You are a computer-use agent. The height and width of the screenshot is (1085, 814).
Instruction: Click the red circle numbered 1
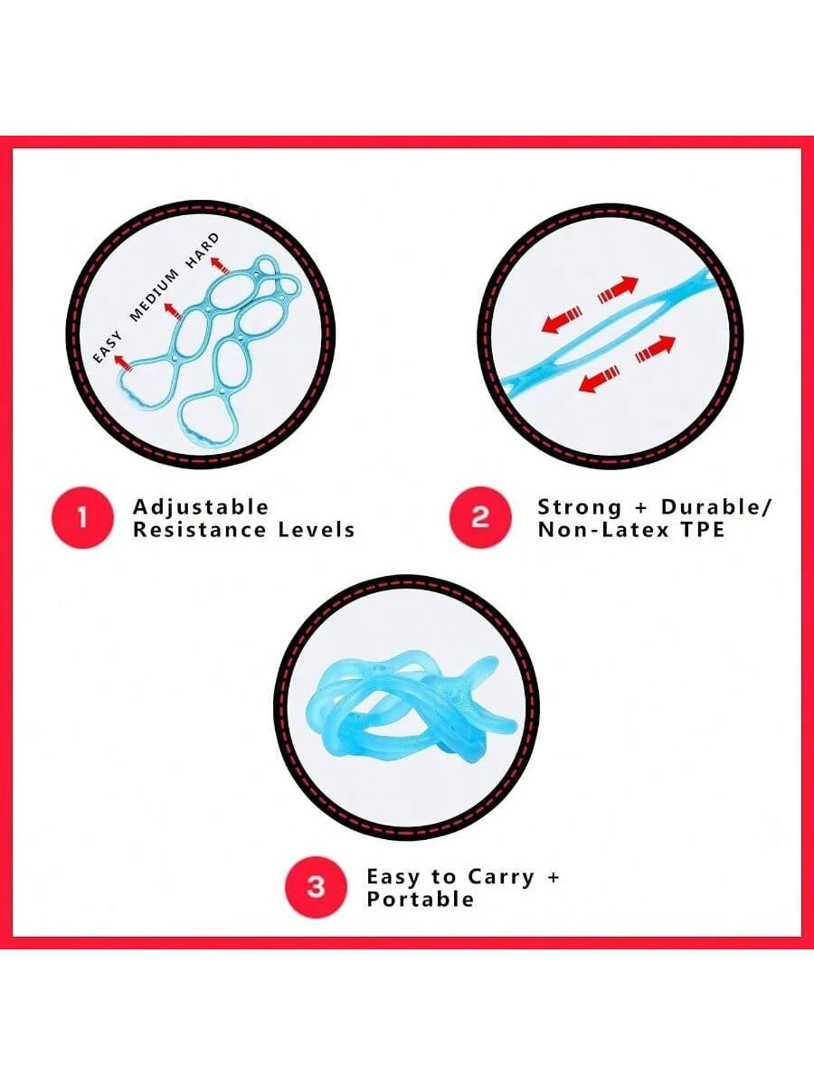point(82,518)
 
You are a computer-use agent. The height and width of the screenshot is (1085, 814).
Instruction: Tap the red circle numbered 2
point(480,517)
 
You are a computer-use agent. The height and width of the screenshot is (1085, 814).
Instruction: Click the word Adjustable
point(200,507)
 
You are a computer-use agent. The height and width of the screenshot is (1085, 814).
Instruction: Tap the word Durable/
point(716,506)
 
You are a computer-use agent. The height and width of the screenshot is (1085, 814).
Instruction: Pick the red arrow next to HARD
point(221,264)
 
